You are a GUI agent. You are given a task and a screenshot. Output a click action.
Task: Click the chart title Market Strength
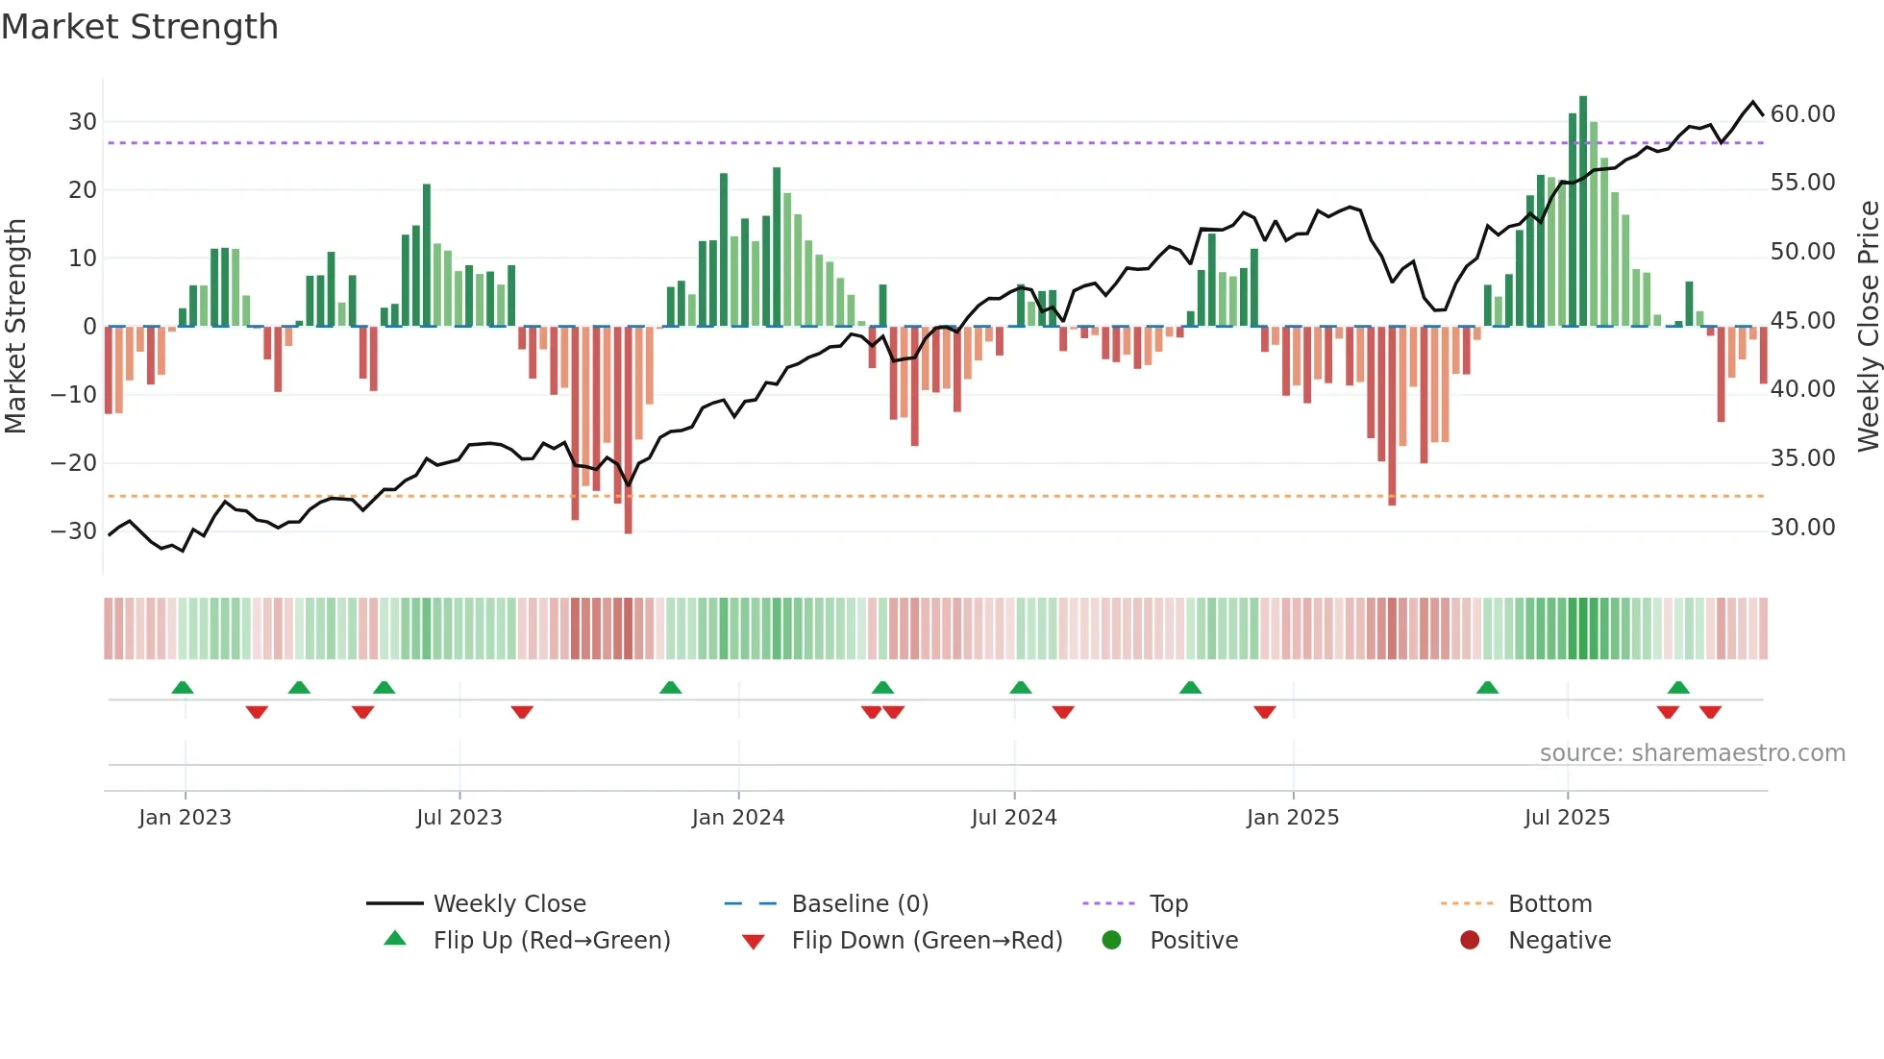(x=140, y=27)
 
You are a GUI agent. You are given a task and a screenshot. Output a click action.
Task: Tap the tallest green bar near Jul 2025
(x=1583, y=211)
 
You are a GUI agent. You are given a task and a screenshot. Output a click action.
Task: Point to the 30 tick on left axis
(x=83, y=122)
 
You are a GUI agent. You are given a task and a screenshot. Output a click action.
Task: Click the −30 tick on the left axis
(x=75, y=531)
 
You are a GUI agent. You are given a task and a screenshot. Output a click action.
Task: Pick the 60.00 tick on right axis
(x=1802, y=114)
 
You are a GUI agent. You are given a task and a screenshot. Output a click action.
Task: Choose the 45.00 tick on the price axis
(x=1802, y=321)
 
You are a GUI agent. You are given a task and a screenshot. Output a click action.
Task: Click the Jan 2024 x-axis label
(x=737, y=818)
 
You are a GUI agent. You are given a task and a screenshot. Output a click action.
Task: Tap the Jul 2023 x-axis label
(x=459, y=818)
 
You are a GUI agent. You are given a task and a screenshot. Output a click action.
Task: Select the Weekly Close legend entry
(x=509, y=904)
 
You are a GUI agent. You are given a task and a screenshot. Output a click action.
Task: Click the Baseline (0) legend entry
(x=859, y=904)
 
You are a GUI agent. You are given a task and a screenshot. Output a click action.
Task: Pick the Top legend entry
(x=1168, y=904)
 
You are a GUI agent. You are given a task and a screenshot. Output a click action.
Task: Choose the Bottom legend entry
(x=1549, y=904)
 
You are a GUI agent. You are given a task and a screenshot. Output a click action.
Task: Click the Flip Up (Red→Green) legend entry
(x=551, y=941)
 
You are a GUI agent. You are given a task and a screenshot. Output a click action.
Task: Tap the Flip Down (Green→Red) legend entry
(x=927, y=941)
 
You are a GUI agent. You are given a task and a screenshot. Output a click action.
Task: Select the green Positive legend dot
(x=1112, y=941)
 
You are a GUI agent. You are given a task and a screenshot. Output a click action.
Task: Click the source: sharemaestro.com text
(x=1692, y=753)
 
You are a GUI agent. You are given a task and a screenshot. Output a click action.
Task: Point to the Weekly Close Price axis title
(x=1868, y=327)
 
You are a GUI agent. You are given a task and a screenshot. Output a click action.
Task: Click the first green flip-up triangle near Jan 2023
(x=183, y=687)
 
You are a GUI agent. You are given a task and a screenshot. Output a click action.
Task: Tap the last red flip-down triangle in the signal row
(x=1710, y=712)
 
